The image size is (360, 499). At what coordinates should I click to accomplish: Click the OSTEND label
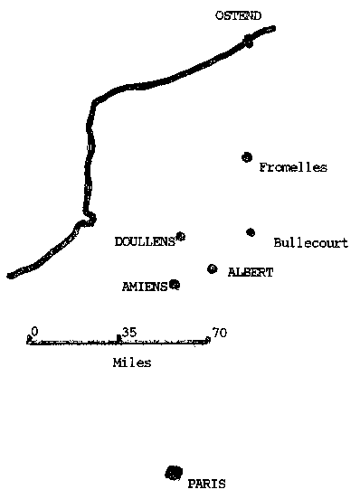[238, 15]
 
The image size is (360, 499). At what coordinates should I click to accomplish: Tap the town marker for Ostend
[249, 40]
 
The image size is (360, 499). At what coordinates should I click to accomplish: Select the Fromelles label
[293, 167]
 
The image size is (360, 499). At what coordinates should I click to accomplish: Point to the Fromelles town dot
[246, 157]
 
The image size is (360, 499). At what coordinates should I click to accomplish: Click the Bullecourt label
[310, 243]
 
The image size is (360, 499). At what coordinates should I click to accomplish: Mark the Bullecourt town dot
[251, 232]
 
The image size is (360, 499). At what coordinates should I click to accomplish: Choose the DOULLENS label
[145, 241]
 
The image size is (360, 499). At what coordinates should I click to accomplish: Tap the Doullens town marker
[181, 237]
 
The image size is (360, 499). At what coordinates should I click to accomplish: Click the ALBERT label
[251, 272]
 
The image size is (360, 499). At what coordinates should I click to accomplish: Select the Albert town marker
[212, 268]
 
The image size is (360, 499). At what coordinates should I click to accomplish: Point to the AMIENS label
[145, 287]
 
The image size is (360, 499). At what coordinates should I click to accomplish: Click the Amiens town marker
[175, 285]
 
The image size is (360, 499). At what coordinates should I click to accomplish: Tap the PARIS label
[206, 484]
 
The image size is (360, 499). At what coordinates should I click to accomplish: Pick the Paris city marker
[173, 473]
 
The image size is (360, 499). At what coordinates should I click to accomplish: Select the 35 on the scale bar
[128, 333]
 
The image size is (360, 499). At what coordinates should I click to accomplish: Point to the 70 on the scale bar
[219, 333]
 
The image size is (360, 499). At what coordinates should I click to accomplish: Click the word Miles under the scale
[132, 362]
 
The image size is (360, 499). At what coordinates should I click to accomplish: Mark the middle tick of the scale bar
[118, 340]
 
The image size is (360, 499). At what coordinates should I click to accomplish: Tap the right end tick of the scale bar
[208, 340]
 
